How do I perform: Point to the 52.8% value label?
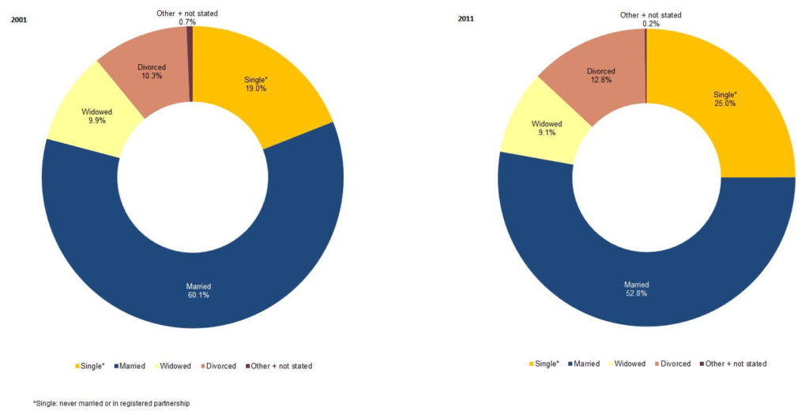click(x=636, y=294)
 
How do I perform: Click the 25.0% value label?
click(x=724, y=104)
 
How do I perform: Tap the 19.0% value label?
click(x=255, y=89)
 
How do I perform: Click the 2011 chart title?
click(x=467, y=19)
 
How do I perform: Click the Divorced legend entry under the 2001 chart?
click(x=222, y=366)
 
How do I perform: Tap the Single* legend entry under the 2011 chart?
click(x=544, y=364)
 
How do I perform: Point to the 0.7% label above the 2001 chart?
click(x=187, y=22)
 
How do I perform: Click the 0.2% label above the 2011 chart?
click(x=650, y=24)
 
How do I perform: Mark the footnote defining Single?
click(x=111, y=403)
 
